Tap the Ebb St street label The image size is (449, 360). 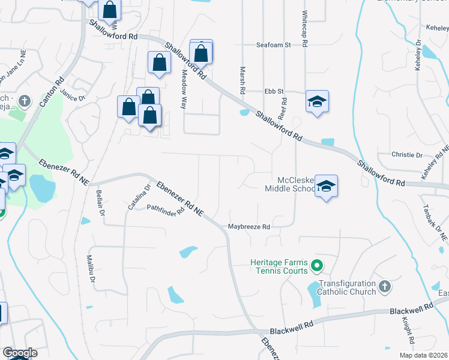[x=274, y=91]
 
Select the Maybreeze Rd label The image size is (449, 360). [x=249, y=227]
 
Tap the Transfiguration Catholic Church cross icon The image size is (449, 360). [x=385, y=288]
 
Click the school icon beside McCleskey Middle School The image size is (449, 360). [x=326, y=187]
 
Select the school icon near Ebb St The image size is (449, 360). [x=317, y=101]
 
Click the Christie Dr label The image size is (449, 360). [x=406, y=155]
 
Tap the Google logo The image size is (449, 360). [x=20, y=353]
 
